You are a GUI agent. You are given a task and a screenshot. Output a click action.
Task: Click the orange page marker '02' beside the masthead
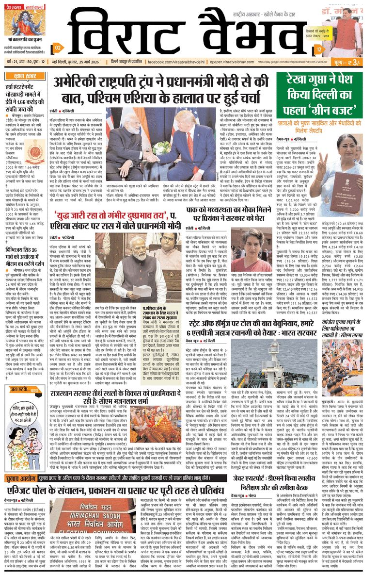click(x=57, y=48)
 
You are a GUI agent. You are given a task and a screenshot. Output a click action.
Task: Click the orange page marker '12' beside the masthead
click(x=318, y=49)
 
